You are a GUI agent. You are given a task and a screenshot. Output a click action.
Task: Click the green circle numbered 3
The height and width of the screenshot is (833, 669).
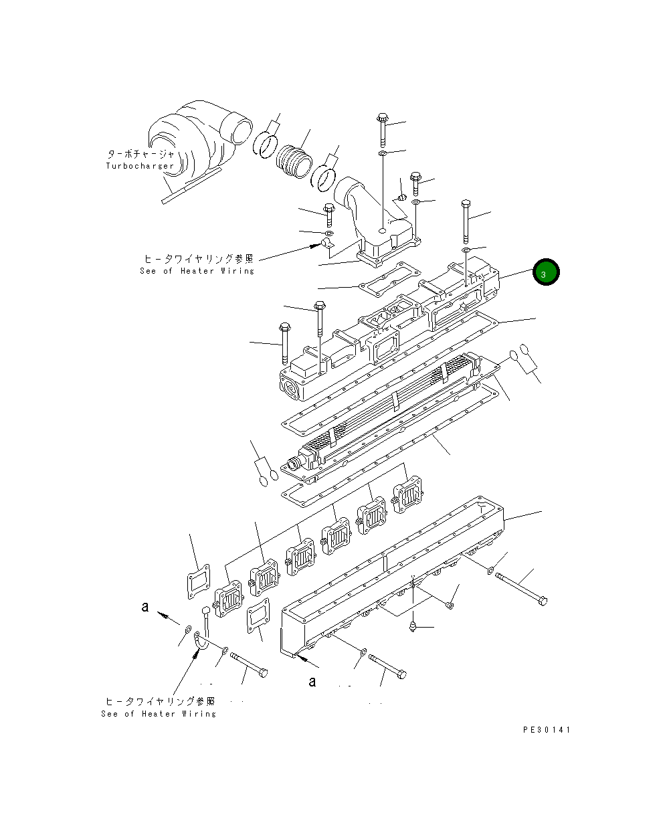click(545, 273)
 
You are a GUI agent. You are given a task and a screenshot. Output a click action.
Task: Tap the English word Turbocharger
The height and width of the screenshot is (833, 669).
click(140, 166)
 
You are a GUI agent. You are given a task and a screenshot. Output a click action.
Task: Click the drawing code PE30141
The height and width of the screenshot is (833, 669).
click(547, 730)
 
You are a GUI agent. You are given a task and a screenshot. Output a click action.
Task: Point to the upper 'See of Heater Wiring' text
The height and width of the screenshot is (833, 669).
click(197, 271)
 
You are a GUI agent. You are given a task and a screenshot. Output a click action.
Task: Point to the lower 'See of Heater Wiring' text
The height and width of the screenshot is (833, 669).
click(159, 714)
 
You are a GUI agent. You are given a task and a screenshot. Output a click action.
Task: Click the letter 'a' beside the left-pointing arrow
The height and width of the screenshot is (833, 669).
click(144, 608)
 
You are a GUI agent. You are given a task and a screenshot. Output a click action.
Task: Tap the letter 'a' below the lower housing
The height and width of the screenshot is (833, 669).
click(312, 682)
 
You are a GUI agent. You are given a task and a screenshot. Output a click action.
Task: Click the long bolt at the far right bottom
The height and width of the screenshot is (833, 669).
click(521, 589)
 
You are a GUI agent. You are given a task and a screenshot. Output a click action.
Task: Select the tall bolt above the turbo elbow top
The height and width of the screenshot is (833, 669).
click(382, 130)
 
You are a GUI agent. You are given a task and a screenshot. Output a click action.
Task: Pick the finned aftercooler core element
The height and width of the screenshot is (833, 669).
click(388, 408)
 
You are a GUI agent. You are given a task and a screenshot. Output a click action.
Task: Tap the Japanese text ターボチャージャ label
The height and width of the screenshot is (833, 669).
click(140, 153)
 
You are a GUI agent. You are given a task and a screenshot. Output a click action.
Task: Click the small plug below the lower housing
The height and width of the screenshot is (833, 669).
click(413, 626)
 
